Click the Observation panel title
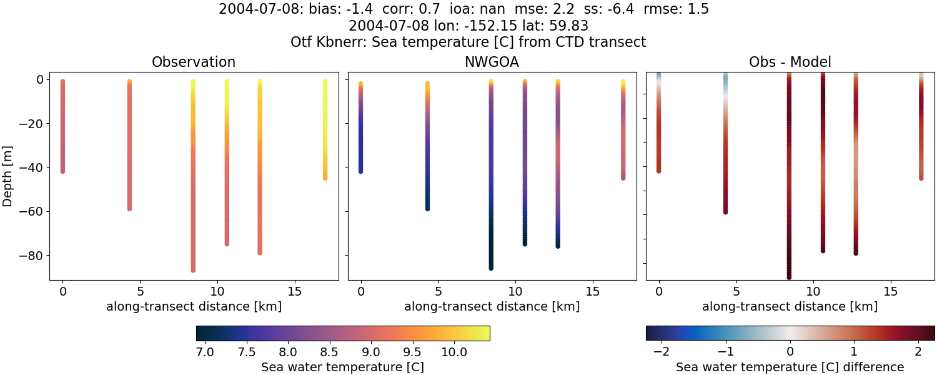tap(194, 62)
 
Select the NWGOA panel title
tap(492, 62)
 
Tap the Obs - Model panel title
tap(790, 62)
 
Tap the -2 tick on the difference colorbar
tap(661, 352)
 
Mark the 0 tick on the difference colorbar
tap(790, 352)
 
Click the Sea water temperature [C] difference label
tap(790, 367)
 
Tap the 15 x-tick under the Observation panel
tap(294, 291)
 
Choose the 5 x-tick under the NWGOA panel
tap(439, 291)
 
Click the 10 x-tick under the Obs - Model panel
tap(813, 291)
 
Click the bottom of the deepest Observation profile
tap(193, 270)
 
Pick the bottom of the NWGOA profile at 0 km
tap(360, 171)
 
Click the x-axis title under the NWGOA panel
tap(492, 307)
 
